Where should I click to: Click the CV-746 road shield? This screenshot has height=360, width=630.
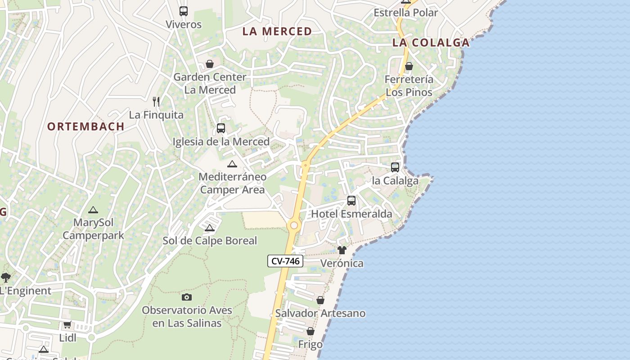[285, 261]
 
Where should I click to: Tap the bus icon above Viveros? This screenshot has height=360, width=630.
[183, 11]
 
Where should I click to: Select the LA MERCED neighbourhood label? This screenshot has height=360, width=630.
[277, 31]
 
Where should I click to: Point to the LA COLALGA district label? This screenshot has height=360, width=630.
[431, 43]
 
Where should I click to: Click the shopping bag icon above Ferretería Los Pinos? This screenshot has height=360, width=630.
[409, 67]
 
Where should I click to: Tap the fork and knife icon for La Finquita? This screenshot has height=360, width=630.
[156, 102]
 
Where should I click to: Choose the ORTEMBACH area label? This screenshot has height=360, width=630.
[86, 126]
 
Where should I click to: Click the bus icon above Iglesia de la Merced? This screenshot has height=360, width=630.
[220, 128]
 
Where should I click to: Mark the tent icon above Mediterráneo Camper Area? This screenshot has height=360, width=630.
[232, 164]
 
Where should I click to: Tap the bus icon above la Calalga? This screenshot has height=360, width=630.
[395, 167]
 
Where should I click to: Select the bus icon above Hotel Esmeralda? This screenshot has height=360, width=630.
[351, 201]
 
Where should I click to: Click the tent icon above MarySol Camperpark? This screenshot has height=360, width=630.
[93, 210]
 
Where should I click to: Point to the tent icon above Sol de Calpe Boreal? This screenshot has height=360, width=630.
[209, 228]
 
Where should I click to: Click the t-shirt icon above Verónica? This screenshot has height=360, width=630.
[342, 250]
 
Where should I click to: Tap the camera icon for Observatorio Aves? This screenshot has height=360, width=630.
[187, 297]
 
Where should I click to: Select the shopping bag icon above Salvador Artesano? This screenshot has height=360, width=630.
[320, 300]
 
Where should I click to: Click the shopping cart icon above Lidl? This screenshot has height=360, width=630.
[67, 324]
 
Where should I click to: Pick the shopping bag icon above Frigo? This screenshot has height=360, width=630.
[310, 332]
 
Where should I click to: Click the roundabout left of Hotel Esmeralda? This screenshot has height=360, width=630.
[294, 225]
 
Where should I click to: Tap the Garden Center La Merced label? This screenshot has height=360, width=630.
[210, 83]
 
